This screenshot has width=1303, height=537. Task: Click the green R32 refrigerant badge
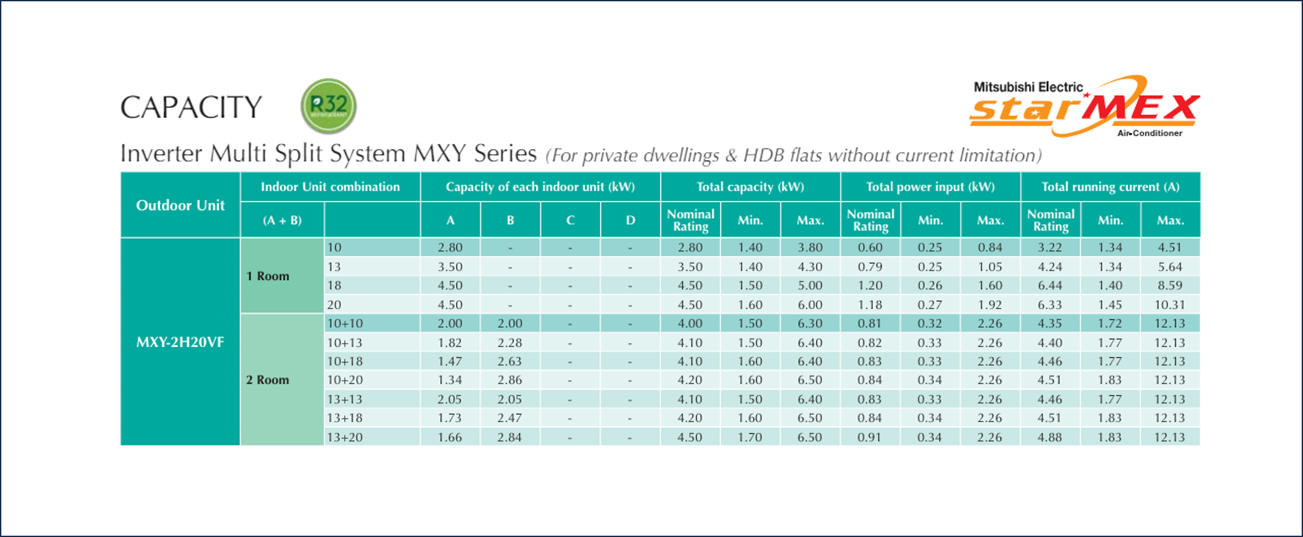coord(329,105)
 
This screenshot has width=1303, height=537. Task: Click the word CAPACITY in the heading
coord(191,107)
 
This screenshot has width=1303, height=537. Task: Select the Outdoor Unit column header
coord(180,206)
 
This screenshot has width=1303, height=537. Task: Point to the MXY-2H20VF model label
coord(180,342)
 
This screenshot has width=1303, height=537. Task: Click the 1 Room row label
coord(267,276)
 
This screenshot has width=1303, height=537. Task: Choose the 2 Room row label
coord(267,380)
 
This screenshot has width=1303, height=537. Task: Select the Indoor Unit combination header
coord(331,187)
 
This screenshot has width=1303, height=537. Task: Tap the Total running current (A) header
coord(1110,187)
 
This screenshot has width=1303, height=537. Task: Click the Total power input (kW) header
coord(930,187)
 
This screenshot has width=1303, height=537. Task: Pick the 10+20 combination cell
coord(345,380)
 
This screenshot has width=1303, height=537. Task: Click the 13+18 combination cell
coord(345,418)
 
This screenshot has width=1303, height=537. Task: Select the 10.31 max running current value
coord(1170,305)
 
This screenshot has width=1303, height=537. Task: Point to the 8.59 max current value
coord(1170,286)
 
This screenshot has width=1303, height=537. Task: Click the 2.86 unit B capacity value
coord(510,380)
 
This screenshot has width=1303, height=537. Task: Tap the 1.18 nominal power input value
coord(870,305)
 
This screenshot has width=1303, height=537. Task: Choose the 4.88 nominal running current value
coord(1050,437)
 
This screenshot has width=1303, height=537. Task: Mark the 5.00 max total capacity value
coord(810,286)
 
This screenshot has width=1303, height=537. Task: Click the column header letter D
coord(630,221)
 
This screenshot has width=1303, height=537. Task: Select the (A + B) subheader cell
coord(282,221)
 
